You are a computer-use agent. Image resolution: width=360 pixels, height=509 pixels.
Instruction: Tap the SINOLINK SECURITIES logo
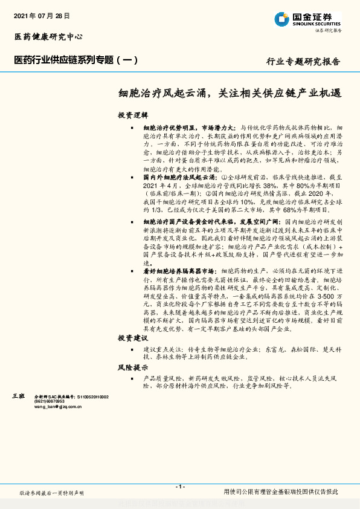click(307, 20)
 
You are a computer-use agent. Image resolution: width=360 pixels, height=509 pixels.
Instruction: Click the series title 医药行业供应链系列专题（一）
click(76, 60)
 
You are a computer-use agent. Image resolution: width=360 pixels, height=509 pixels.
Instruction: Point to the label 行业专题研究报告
click(303, 62)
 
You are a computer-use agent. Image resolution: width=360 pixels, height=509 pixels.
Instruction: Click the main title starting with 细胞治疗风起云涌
click(230, 94)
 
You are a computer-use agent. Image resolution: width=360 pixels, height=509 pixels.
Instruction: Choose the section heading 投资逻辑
click(132, 115)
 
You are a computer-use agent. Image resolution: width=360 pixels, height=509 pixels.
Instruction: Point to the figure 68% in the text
click(285, 210)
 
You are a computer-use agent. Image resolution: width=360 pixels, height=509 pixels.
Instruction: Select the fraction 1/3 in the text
click(152, 210)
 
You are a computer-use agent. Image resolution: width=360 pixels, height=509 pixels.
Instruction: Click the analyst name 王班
click(19, 395)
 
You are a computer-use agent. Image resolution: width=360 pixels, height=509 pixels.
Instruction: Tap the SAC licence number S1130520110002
click(87, 396)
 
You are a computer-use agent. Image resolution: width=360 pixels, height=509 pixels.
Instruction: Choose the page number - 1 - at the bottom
click(179, 487)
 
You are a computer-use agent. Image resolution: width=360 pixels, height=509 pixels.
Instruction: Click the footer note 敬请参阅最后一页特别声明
click(52, 493)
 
